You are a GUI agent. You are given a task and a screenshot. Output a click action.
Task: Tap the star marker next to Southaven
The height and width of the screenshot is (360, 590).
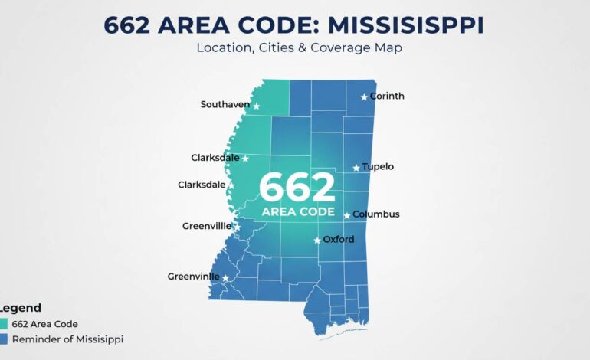coord(257,106)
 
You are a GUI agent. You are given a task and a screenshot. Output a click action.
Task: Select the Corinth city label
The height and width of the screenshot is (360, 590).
coord(387,97)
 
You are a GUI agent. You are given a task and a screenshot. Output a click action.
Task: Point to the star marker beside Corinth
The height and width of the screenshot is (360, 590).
coord(364,97)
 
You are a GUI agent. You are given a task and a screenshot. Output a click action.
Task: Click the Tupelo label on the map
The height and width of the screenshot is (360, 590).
coord(378,166)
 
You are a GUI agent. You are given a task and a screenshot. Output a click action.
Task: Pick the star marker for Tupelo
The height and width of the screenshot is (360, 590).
coord(356,168)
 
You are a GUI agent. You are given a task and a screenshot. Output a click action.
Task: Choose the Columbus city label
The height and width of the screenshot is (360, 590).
coord(376,214)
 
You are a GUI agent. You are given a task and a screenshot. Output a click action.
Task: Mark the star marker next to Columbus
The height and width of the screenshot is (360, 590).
coord(347,215)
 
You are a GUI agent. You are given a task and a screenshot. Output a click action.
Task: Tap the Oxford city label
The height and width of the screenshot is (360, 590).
coord(339,240)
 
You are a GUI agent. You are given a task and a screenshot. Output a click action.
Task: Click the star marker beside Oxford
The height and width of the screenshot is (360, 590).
coord(317,241)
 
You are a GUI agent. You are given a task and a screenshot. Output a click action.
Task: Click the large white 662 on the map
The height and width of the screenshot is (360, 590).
coord(297,188)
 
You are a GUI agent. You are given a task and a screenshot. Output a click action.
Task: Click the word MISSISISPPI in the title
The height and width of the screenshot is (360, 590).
coord(406,25)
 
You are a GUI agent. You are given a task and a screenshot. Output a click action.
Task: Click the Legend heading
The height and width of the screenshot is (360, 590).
coord(21,307)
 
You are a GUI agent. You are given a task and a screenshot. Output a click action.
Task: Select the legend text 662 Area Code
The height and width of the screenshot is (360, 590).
coord(45,324)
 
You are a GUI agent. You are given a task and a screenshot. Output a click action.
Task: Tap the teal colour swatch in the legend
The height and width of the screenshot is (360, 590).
coord(3,324)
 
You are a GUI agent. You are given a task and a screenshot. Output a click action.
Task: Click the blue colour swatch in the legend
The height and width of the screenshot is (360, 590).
coord(3,339)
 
